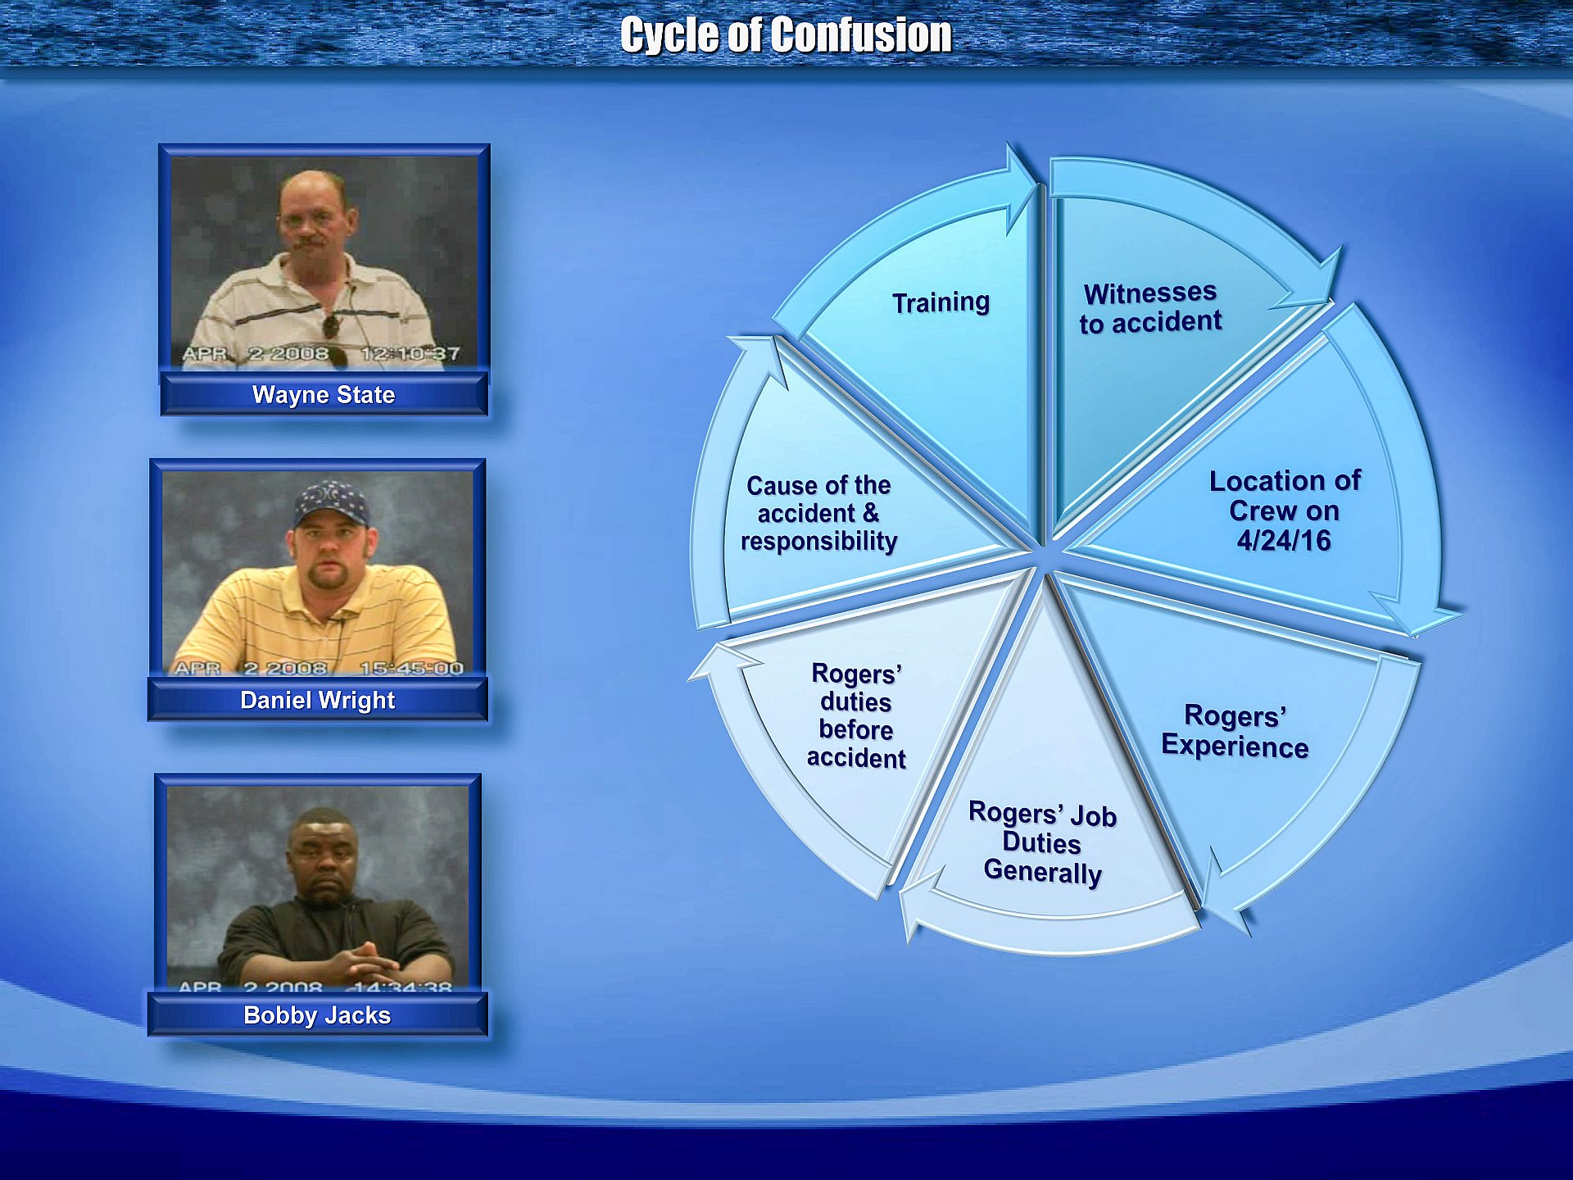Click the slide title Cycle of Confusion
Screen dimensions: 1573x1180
[x=786, y=35]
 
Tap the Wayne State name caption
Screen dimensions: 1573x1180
[x=324, y=395]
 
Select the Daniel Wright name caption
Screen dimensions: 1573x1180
[x=318, y=701]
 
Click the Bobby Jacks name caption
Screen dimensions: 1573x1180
[x=317, y=1015]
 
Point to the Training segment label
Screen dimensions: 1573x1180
[x=941, y=302]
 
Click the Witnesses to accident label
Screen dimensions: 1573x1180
[x=1150, y=308]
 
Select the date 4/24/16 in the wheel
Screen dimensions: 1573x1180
[x=1284, y=541]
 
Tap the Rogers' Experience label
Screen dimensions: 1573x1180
[x=1235, y=731]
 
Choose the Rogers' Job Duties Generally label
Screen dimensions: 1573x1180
[x=1042, y=843]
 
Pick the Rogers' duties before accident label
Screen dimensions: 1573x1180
[x=856, y=716]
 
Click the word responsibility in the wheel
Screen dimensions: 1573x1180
[x=818, y=542]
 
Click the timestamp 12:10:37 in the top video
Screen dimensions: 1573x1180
[x=410, y=354]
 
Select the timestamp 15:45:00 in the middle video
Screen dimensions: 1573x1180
[x=411, y=668]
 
